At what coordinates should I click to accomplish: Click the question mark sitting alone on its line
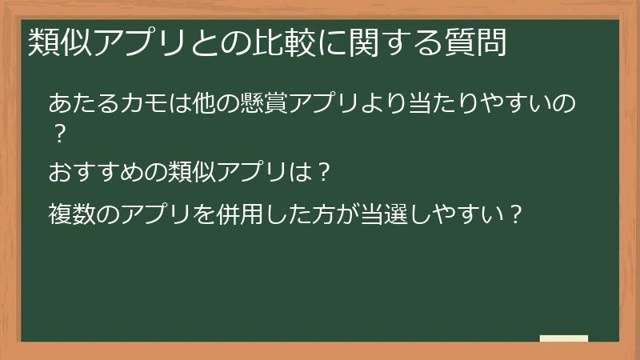tap(58, 133)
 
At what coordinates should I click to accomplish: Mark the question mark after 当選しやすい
tap(517, 214)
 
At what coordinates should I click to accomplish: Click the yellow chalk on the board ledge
tap(564, 338)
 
